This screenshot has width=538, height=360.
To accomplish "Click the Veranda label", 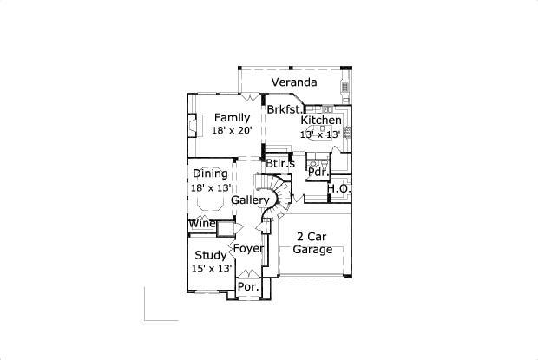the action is [x=294, y=82].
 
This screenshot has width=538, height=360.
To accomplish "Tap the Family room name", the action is [x=232, y=118].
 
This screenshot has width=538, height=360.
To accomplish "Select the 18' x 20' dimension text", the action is [x=232, y=130].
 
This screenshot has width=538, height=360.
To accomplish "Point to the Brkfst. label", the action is [x=285, y=109].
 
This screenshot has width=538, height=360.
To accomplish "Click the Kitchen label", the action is [x=321, y=120].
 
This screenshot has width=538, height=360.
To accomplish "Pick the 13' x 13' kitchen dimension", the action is [x=320, y=134].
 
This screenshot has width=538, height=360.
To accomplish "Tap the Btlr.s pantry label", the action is [x=280, y=164].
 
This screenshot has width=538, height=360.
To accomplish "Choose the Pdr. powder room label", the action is [x=318, y=172].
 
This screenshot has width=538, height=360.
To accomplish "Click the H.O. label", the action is [x=338, y=188].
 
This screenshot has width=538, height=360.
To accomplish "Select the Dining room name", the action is [x=210, y=173].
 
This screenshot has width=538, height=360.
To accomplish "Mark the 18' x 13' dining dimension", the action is [x=211, y=188].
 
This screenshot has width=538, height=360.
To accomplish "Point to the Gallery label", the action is [x=250, y=200].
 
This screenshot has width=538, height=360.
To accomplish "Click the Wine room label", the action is [x=202, y=224].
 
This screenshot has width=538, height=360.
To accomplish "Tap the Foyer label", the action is [x=248, y=249].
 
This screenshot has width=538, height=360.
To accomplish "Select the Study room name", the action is [x=211, y=255].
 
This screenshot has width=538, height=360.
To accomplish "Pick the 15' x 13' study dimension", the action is [x=212, y=268].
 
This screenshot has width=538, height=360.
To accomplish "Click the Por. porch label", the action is [x=248, y=287].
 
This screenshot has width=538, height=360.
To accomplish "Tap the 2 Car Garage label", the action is [x=312, y=243].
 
